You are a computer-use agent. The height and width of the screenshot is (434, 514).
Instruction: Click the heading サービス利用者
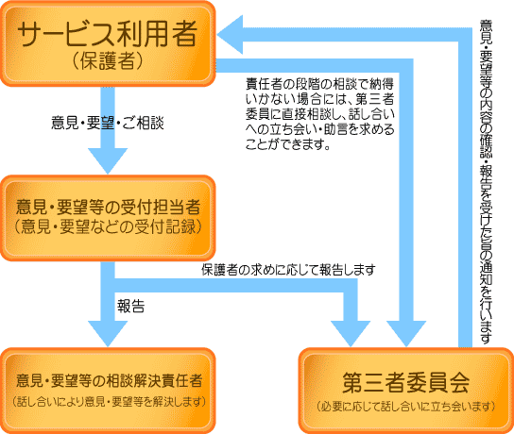[x=108, y=34]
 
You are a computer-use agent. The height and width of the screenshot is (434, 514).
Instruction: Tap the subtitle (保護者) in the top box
[x=108, y=61]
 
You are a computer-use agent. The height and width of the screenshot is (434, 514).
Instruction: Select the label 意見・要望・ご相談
[x=108, y=123]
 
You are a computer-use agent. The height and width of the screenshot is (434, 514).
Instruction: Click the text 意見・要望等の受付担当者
[x=108, y=208]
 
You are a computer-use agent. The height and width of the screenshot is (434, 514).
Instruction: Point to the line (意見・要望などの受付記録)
[x=108, y=226]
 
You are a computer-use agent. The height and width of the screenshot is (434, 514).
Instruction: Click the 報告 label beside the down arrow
[x=130, y=306]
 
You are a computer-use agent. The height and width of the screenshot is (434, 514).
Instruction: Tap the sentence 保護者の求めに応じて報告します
[x=288, y=270]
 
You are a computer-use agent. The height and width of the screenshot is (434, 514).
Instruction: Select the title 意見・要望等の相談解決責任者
[x=110, y=380]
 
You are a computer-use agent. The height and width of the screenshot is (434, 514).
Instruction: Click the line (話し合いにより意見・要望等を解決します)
[x=110, y=401]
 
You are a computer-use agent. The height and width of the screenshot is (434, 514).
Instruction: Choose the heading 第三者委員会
[x=406, y=383]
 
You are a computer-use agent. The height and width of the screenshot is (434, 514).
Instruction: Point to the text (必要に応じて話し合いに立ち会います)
[x=406, y=407]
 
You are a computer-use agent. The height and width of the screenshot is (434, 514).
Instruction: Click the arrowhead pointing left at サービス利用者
[x=230, y=35]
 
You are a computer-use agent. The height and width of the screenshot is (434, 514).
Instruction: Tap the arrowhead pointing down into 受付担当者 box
[x=108, y=160]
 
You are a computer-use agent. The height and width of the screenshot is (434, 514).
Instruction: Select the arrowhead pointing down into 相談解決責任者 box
[x=108, y=333]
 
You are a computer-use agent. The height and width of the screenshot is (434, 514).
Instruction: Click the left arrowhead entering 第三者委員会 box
[x=351, y=333]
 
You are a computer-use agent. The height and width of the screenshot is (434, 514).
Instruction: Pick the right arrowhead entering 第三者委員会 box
[x=406, y=333]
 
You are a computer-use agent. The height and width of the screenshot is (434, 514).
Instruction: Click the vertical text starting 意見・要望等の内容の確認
[x=487, y=182]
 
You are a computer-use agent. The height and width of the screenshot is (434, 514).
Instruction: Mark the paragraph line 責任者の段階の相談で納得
[x=320, y=84]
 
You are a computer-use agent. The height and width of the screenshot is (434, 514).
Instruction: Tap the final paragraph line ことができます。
[x=288, y=144]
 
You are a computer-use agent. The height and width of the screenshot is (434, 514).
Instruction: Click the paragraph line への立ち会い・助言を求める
[x=320, y=129]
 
